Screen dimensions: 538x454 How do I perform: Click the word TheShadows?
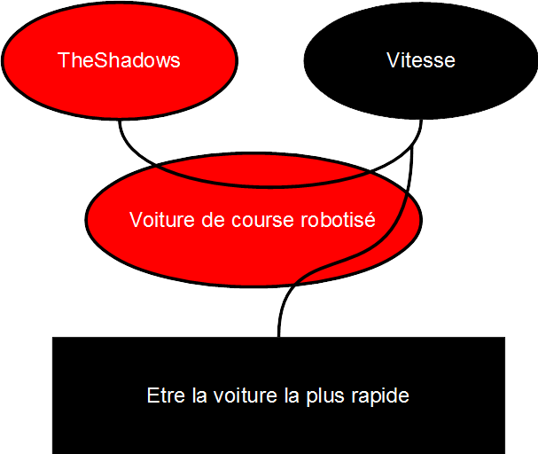pyautogui.click(x=119, y=60)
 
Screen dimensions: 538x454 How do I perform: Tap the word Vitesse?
pyautogui.click(x=421, y=60)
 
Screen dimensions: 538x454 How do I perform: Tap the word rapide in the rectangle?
pyautogui.click(x=381, y=395)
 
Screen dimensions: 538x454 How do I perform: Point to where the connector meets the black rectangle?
pyautogui.click(x=279, y=337)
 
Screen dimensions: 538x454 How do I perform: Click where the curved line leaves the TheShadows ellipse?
pyautogui.click(x=121, y=121)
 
